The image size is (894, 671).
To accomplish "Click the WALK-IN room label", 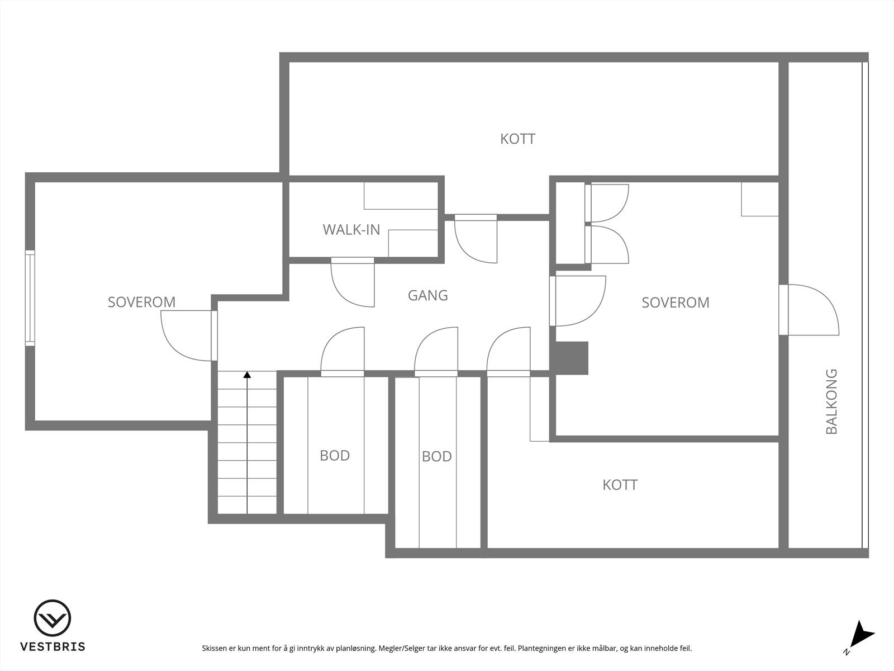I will (x=351, y=229).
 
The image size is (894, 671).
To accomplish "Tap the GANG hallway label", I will (x=427, y=295).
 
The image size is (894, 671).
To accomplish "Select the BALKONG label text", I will (x=831, y=401).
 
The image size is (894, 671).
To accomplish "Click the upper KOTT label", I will (x=517, y=139).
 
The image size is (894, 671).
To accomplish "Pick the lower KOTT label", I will (x=620, y=485).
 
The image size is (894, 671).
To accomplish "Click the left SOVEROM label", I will (x=141, y=302).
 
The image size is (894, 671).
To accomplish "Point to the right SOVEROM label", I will (x=675, y=303).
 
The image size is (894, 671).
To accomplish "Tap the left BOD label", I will (x=335, y=456).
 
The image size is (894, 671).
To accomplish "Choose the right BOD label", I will (x=436, y=457).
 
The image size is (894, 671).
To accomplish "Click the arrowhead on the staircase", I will (x=247, y=375).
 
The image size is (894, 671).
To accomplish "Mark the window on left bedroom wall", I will (x=30, y=298).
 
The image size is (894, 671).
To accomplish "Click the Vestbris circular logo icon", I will (x=53, y=618).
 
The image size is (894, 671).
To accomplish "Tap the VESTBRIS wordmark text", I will (x=53, y=647).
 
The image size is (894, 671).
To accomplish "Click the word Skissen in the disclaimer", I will (x=215, y=649).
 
